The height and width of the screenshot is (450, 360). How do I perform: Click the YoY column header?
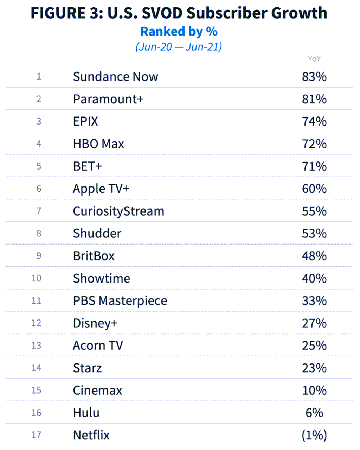pyautogui.click(x=314, y=59)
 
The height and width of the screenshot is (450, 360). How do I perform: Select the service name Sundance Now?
pyautogui.click(x=115, y=77)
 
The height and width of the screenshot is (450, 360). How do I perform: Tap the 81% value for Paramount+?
pyautogui.click(x=314, y=99)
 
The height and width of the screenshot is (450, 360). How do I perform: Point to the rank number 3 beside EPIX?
pyautogui.click(x=39, y=121)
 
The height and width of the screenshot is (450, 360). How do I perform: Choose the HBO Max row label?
pyautogui.click(x=98, y=144)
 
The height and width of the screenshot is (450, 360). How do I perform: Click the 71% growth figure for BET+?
pyautogui.click(x=314, y=166)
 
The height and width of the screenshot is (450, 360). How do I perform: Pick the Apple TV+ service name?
pyautogui.click(x=101, y=189)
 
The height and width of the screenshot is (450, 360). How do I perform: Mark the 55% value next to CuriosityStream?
pyautogui.click(x=314, y=211)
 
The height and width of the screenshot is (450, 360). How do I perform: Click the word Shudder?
pyautogui.click(x=97, y=234)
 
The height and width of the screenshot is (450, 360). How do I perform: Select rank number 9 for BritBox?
pyautogui.click(x=39, y=256)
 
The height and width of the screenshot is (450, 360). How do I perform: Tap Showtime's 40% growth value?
pyautogui.click(x=314, y=279)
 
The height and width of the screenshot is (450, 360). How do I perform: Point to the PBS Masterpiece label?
pyautogui.click(x=120, y=301)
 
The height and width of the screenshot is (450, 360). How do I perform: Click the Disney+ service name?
pyautogui.click(x=95, y=323)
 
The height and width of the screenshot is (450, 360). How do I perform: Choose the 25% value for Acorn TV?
pyautogui.click(x=314, y=346)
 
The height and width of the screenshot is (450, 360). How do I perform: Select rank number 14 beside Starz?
pyautogui.click(x=37, y=368)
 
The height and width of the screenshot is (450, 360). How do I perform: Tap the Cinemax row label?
pyautogui.click(x=97, y=391)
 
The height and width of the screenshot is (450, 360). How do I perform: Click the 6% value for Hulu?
pyautogui.click(x=314, y=413)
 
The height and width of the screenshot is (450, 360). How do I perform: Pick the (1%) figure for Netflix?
pyautogui.click(x=314, y=435)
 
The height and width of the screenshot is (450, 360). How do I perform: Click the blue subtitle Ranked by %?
pyautogui.click(x=179, y=32)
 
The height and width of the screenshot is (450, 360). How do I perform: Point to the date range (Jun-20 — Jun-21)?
pyautogui.click(x=179, y=47)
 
